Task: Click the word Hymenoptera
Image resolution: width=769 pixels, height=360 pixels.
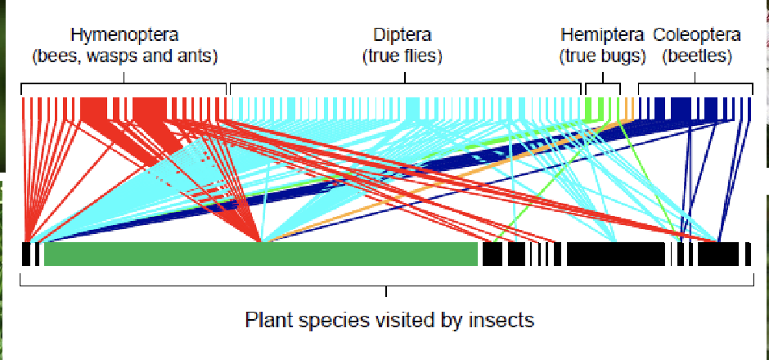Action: pos(124,35)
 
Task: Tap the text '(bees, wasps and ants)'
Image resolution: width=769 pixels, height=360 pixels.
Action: pos(124,56)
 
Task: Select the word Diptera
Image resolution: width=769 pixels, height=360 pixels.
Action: pos(402,35)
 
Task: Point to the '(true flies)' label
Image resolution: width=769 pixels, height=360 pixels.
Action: pos(402,56)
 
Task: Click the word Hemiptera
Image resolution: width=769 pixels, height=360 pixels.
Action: pos(603,35)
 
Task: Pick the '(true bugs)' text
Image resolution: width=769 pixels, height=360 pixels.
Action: pos(603,56)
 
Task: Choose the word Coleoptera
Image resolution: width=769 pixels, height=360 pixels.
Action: pos(696,35)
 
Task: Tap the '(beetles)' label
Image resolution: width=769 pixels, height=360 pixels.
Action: pos(696,56)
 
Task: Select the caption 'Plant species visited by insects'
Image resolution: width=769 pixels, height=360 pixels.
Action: pos(389,319)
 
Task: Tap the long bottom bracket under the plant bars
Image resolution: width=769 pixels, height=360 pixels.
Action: pos(386,285)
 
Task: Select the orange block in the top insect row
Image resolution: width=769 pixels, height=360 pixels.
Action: pos(629,109)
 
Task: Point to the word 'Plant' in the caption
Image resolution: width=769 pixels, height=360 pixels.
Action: pos(266,319)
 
